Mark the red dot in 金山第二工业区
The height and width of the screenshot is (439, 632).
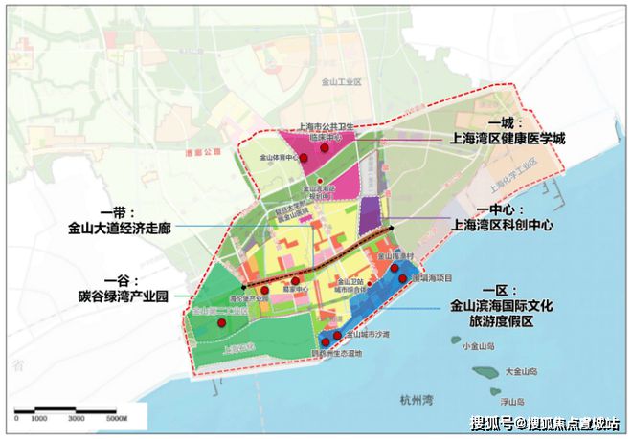click(x=221, y=323)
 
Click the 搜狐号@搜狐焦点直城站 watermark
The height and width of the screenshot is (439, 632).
click(x=546, y=422)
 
